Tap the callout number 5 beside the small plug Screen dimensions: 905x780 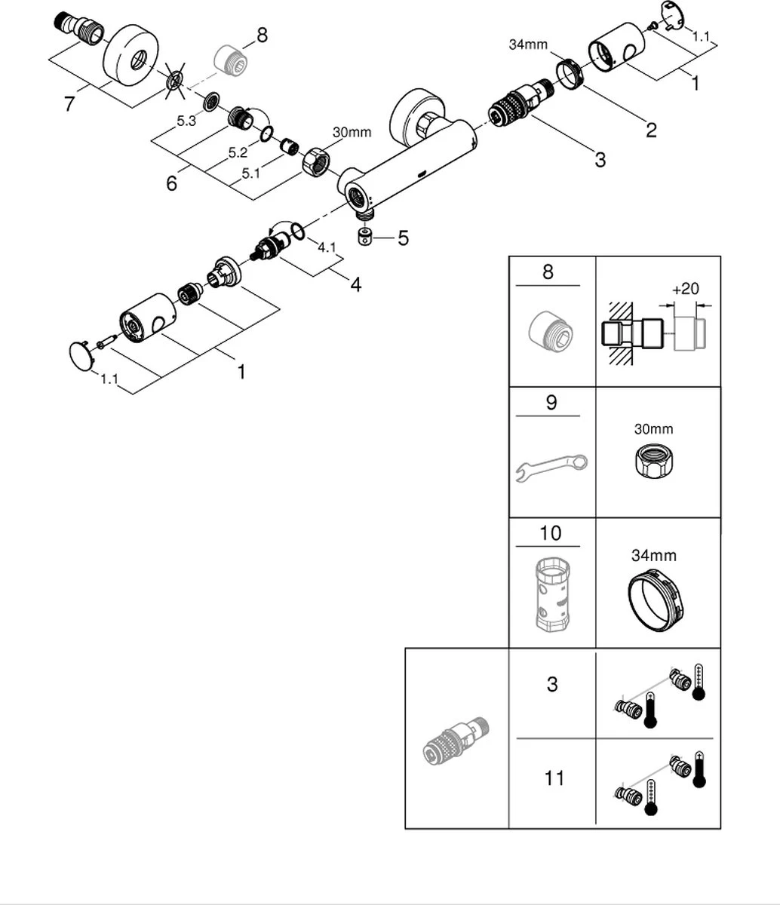pos(403,238)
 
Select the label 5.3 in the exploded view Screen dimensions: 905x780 pos(186,121)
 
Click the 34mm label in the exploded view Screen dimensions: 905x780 pos(527,44)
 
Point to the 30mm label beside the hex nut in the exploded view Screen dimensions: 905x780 pos(352,133)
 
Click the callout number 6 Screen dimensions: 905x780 pos(172,183)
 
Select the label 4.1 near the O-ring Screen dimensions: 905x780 pos(326,247)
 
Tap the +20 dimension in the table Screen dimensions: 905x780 pos(684,290)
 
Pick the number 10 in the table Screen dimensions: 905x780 pos(551,534)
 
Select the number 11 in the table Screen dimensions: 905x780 pos(554,778)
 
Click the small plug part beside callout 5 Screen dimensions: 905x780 pos(366,238)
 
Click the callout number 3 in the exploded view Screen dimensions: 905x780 pos(600,160)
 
